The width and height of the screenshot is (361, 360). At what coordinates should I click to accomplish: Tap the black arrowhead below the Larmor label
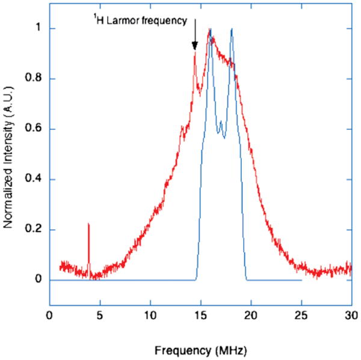(194, 46)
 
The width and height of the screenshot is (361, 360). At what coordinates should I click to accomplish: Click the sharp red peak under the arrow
(195, 54)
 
